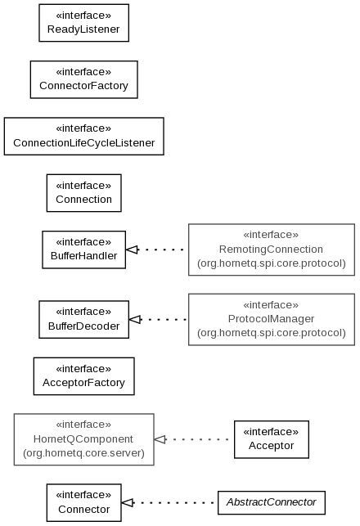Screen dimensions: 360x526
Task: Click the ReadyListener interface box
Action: pos(84,23)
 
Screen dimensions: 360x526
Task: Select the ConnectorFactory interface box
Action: pos(84,79)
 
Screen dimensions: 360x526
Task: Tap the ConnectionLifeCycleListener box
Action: pos(84,136)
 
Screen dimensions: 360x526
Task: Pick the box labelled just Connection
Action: pos(84,193)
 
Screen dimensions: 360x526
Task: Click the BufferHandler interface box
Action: pos(84,250)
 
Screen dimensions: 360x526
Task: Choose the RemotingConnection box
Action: pos(272,250)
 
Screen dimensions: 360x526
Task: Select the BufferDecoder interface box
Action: pos(84,319)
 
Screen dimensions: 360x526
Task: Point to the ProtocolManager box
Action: pos(272,319)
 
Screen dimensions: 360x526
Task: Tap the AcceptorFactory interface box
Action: pos(84,376)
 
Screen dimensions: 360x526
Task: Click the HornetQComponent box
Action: pos(84,439)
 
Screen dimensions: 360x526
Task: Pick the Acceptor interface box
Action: pos(272,439)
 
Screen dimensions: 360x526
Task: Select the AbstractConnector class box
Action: pos(272,502)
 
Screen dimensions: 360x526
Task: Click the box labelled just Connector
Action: pos(84,502)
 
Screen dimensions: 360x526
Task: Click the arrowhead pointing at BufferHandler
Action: pos(132,250)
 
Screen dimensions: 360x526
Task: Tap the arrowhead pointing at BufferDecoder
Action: pos(135,319)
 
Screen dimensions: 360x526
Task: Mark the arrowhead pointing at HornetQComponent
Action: pos(160,439)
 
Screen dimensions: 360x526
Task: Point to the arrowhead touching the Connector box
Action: pos(127,502)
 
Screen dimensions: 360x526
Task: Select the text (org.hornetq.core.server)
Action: pos(84,453)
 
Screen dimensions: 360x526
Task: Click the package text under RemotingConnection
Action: pos(272,263)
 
